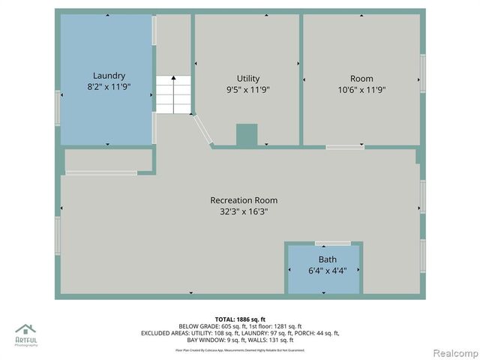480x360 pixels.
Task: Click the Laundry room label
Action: [109, 76]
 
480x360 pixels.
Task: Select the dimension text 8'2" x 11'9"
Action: [109, 88]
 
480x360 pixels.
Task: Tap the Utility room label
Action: [247, 78]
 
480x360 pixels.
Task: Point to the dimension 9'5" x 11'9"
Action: [247, 90]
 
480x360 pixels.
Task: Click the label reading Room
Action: [361, 79]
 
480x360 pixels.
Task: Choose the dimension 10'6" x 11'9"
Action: [361, 90]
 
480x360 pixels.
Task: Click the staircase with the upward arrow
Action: [173, 94]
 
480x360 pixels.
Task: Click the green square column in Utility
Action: [247, 134]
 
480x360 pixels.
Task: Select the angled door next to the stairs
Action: [202, 130]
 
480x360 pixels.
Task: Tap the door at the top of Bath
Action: [332, 243]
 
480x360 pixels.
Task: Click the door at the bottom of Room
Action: [345, 147]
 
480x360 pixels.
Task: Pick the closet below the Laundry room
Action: [108, 160]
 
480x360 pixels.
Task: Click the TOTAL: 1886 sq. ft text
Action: [239, 319]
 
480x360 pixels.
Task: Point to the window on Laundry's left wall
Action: [57, 107]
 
